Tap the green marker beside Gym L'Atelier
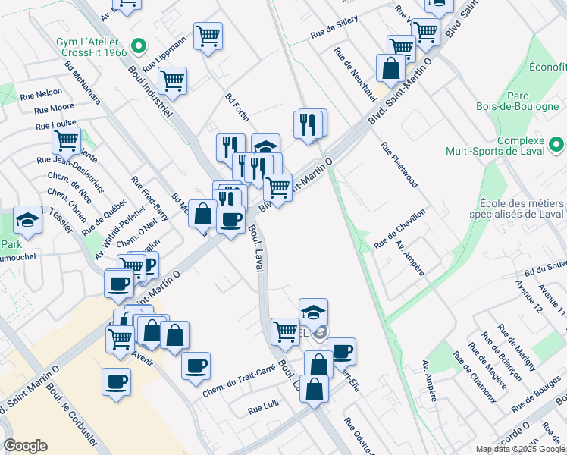tap(138, 47)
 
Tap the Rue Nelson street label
tap(42, 93)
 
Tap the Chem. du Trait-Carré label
tap(239, 383)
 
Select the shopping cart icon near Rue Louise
tap(67, 140)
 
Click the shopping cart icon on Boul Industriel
tap(173, 80)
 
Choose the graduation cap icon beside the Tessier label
tap(27, 220)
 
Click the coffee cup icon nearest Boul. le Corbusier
tap(116, 381)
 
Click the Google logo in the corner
tap(25, 446)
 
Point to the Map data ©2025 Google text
tap(519, 449)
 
